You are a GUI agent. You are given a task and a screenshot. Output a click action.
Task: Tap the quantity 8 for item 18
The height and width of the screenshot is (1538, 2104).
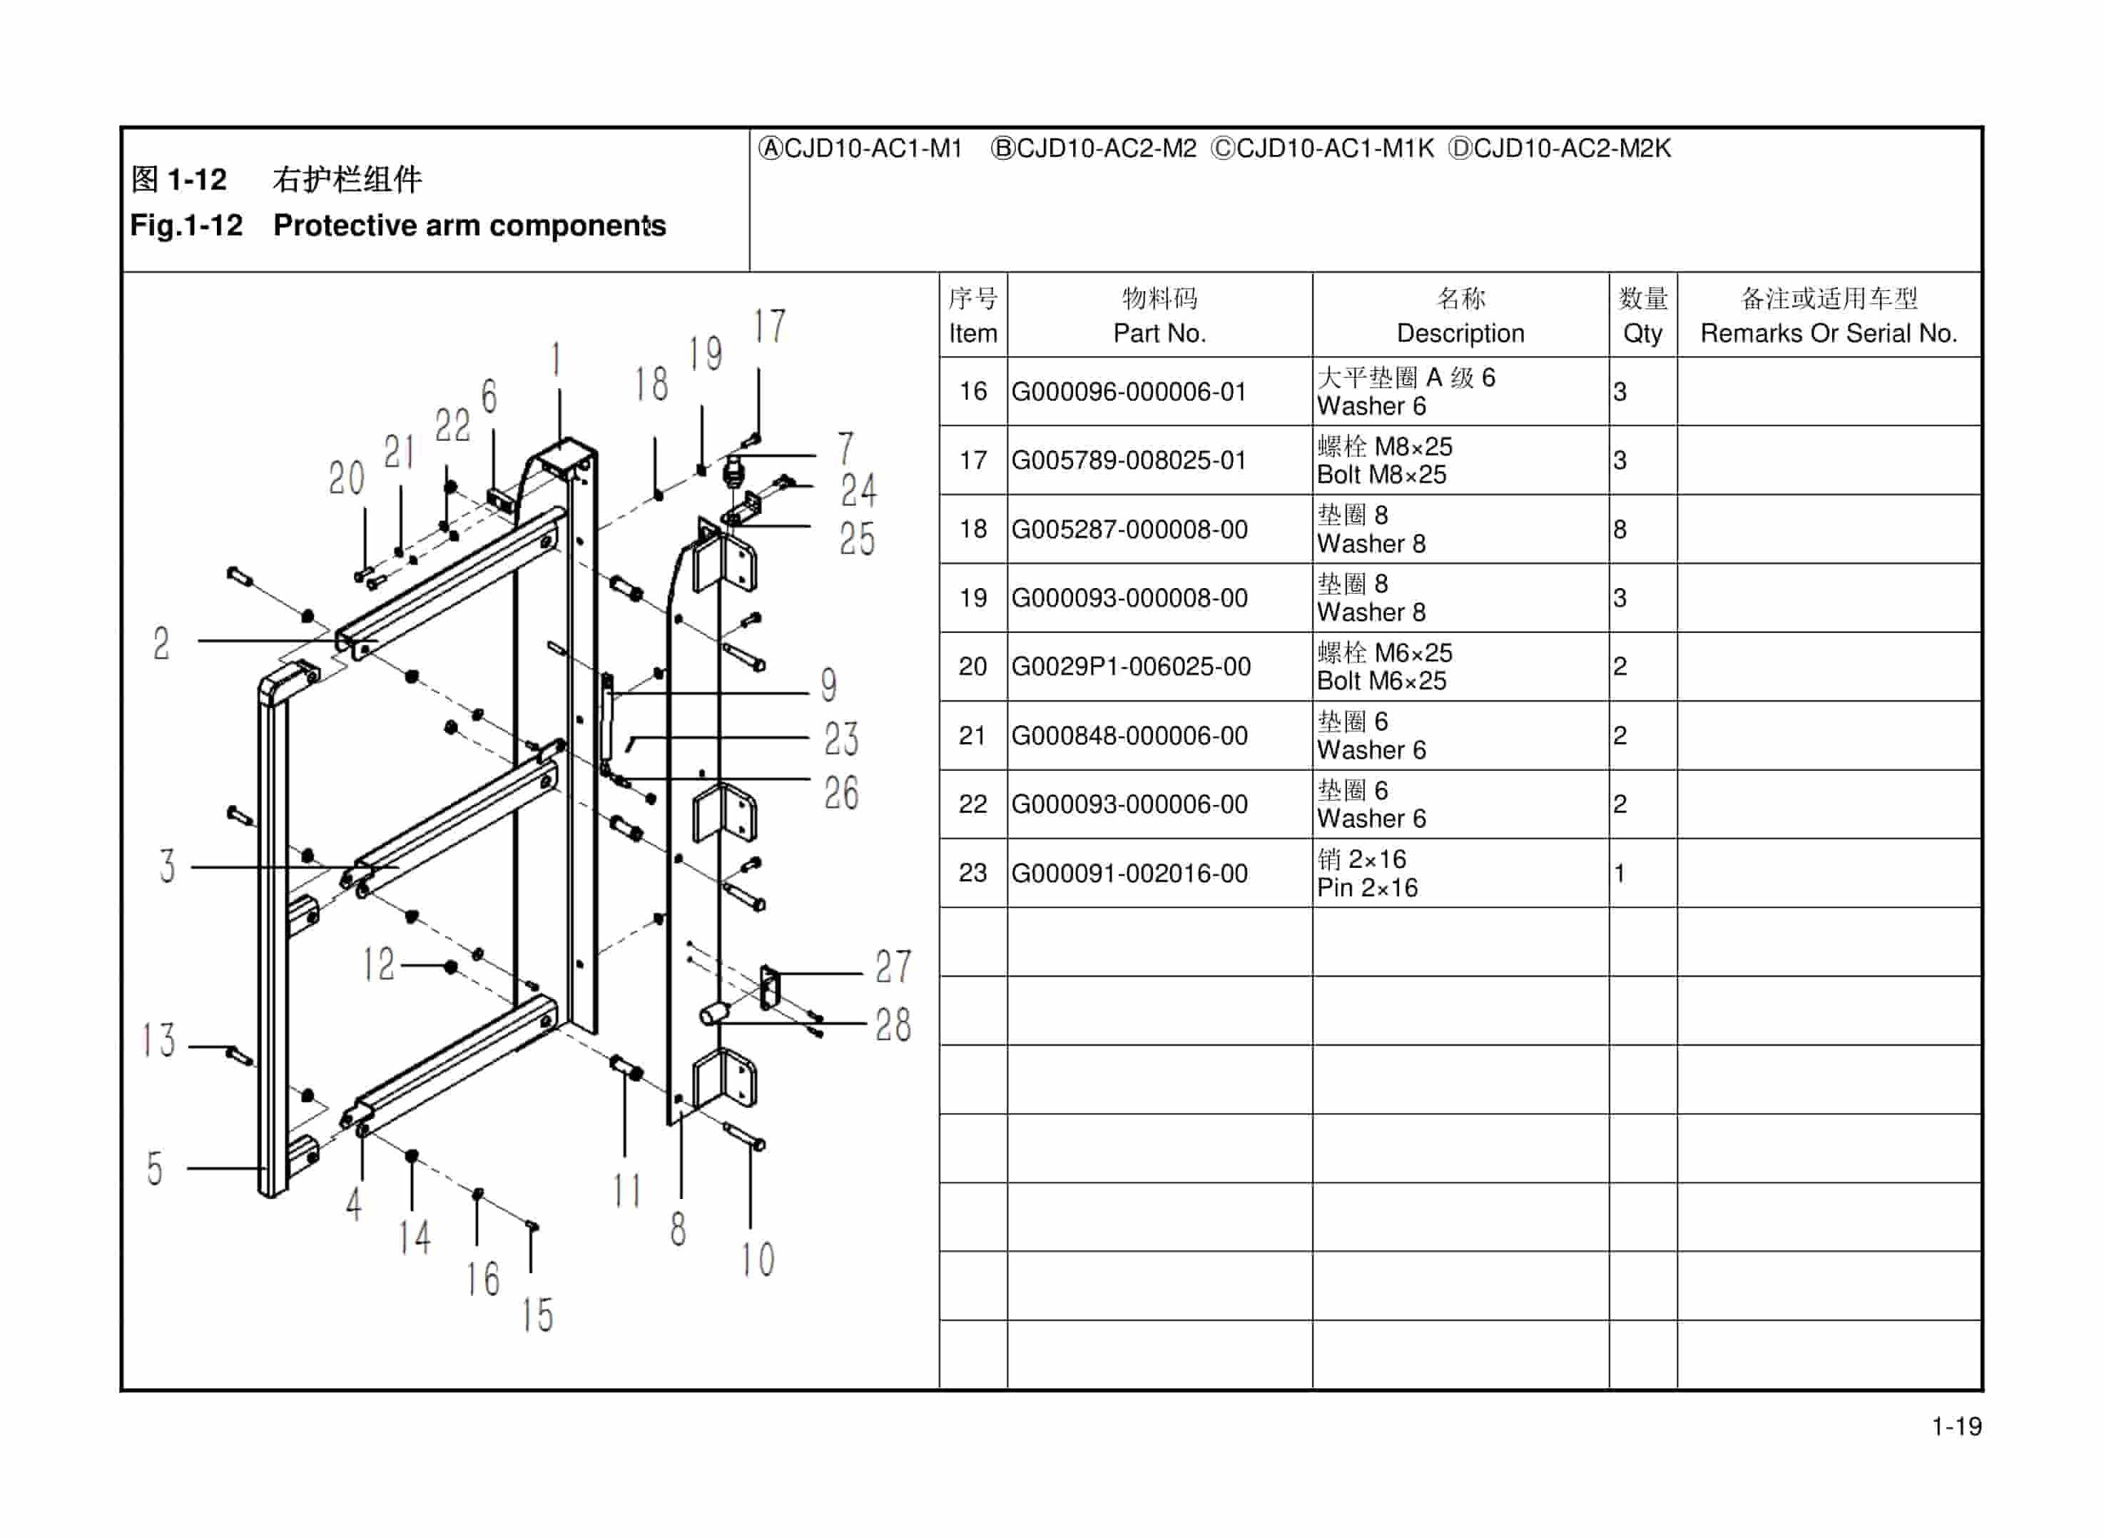pyautogui.click(x=1620, y=530)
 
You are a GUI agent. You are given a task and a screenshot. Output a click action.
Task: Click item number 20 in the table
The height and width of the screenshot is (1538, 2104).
pyautogui.click(x=972, y=667)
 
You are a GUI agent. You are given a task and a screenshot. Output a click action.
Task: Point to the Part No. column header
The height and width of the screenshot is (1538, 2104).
pyautogui.click(x=1159, y=333)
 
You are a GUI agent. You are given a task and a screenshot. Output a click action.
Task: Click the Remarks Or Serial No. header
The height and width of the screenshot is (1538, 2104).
pyautogui.click(x=1829, y=333)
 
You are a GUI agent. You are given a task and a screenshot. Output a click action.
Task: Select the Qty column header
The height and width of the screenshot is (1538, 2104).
pyautogui.click(x=1642, y=333)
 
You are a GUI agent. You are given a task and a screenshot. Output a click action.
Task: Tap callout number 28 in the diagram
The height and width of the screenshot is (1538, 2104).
pyautogui.click(x=893, y=1025)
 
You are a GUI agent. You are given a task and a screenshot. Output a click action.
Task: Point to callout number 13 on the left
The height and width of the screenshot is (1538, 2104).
pyautogui.click(x=158, y=1040)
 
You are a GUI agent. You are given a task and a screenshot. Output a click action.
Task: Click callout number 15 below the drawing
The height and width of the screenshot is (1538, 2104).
pyautogui.click(x=538, y=1315)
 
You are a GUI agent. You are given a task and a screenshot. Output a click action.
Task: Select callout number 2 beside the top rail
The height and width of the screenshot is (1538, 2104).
pyautogui.click(x=162, y=643)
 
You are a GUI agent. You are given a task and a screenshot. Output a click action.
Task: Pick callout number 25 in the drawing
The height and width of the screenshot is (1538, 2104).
pyautogui.click(x=857, y=539)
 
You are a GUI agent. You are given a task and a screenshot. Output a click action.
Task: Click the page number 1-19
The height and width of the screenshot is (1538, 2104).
pyautogui.click(x=1956, y=1426)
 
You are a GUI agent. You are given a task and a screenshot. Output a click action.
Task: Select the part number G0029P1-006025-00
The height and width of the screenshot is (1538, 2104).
pyautogui.click(x=1131, y=667)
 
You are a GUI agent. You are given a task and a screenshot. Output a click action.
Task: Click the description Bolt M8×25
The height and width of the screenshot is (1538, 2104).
pyautogui.click(x=1381, y=475)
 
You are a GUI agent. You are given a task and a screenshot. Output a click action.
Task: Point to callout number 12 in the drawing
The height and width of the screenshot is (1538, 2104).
pyautogui.click(x=379, y=964)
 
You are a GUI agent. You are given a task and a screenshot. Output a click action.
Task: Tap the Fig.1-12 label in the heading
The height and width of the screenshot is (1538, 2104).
pyautogui.click(x=186, y=226)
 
